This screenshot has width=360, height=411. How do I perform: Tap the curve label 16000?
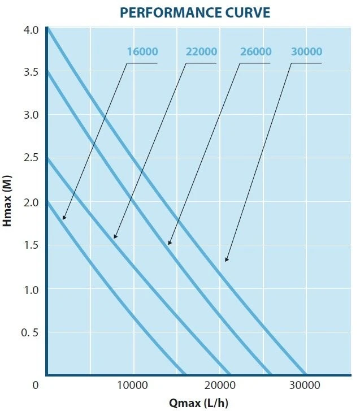pos(142,52)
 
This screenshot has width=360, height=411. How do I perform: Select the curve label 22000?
pos(201,52)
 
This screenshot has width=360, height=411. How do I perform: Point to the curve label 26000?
pos(256,52)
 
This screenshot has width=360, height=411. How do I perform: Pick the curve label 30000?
pos(307,52)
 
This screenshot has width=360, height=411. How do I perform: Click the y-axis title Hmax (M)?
pos(7,201)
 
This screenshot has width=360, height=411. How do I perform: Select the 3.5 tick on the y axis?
pos(31,72)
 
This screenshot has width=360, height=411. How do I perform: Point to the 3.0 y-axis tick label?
pos(31,115)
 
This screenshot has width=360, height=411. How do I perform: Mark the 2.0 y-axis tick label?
pos(31,202)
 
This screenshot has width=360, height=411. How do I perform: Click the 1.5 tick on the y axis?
pos(31,245)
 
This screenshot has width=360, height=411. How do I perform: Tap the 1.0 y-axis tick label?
pos(31,289)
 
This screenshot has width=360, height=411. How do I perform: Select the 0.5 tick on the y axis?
pos(30,332)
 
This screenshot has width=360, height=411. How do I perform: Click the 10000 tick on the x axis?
pos(133,386)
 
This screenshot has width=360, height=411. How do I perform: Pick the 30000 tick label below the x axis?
pos(306,386)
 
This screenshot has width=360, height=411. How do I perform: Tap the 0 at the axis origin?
pos(35,386)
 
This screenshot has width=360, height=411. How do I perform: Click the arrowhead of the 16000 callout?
pos(64,218)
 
